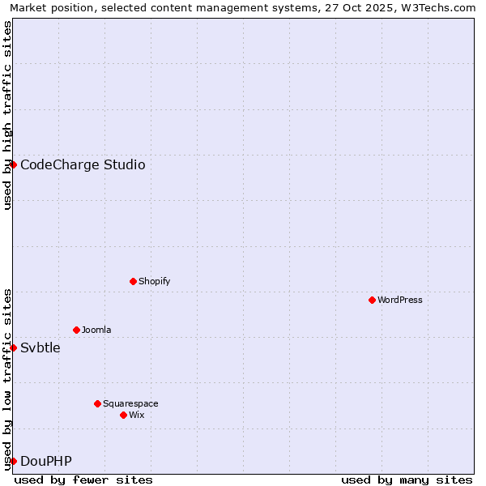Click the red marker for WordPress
pyautogui.click(x=372, y=300)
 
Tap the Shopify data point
pyautogui.click(x=133, y=281)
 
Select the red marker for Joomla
pyautogui.click(x=76, y=330)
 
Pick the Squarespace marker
pyautogui.click(x=97, y=403)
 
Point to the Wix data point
pyautogui.click(x=123, y=415)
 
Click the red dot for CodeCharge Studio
pyautogui.click(x=13, y=164)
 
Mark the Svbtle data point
pyautogui.click(x=13, y=347)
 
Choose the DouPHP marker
pyautogui.click(x=13, y=461)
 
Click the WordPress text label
pyautogui.click(x=400, y=300)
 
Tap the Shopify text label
pyautogui.click(x=154, y=281)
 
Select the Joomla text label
pyautogui.click(x=96, y=330)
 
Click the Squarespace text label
pyautogui.click(x=130, y=403)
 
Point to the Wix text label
pyautogui.click(x=137, y=415)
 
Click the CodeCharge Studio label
pyautogui.click(x=83, y=165)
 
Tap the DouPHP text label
pyautogui.click(x=46, y=462)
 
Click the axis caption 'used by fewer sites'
pyautogui.click(x=83, y=480)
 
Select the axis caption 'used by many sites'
pyautogui.click(x=407, y=480)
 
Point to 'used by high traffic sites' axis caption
pyautogui.click(x=7, y=115)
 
